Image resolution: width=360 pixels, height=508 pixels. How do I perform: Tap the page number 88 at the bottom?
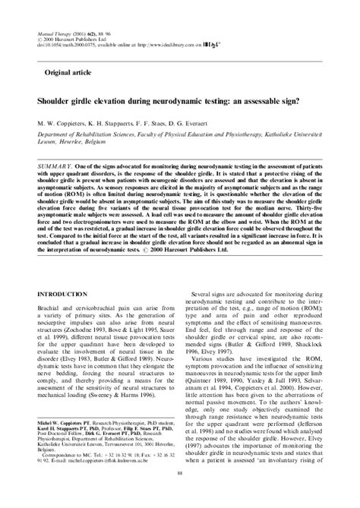click(x=179, y=495)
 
